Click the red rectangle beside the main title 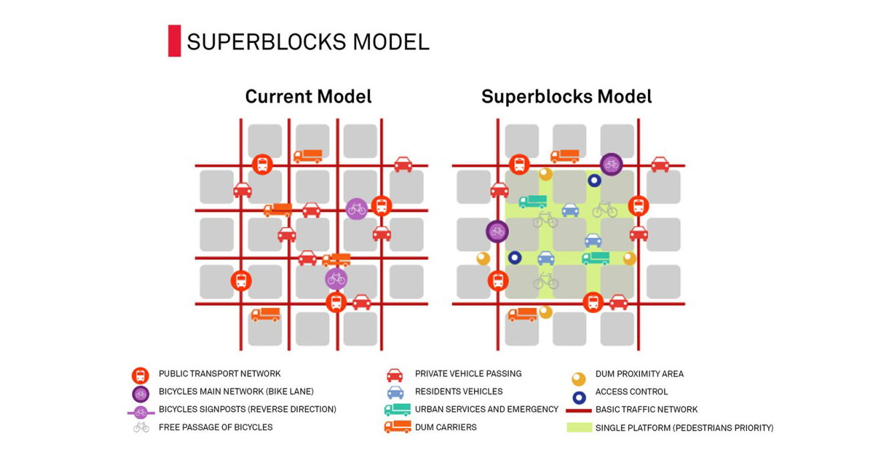pos(175,41)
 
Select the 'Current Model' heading pos(308,96)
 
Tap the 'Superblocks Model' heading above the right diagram pos(566,96)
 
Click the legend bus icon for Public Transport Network pos(140,375)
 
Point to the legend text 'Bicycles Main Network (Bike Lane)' pos(236,392)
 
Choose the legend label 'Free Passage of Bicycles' pos(215,427)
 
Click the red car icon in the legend pos(395,375)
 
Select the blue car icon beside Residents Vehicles pos(395,392)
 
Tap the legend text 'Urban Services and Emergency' pos(486,409)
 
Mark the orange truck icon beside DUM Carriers pos(397,427)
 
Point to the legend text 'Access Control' pos(631,392)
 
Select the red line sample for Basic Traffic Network pos(578,410)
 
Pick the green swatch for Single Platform pos(579,427)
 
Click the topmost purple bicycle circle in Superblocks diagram pos(611,164)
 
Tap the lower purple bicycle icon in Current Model pos(336,278)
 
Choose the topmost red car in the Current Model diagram pos(403,164)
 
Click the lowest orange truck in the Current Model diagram pos(265,314)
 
